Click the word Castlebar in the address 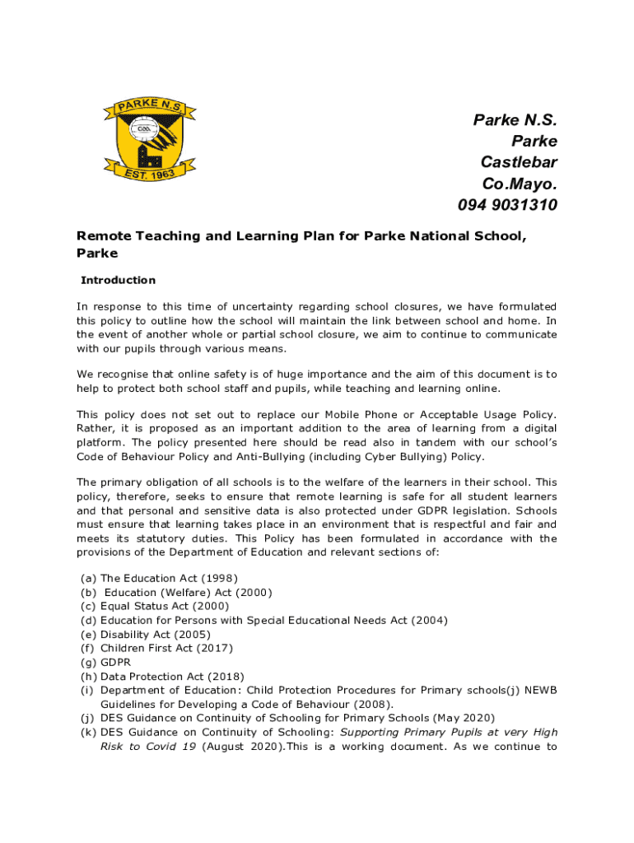519,161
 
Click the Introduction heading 118,280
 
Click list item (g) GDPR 115,662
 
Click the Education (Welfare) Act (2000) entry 188,592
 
